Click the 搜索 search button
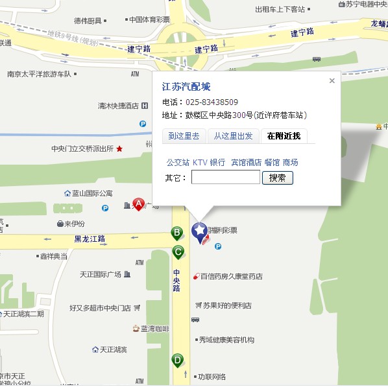click(x=277, y=178)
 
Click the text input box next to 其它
click(x=225, y=178)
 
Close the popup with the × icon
click(x=332, y=81)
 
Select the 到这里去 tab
click(x=184, y=135)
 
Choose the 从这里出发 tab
click(x=233, y=135)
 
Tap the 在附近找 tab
click(x=284, y=135)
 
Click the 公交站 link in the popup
click(x=178, y=162)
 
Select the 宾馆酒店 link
click(x=246, y=162)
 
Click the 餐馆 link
click(x=272, y=162)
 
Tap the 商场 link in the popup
click(x=291, y=162)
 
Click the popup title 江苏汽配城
click(x=186, y=87)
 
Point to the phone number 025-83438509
click(x=212, y=102)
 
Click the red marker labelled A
click(x=139, y=204)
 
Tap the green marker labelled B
click(x=176, y=233)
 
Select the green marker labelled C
click(x=178, y=252)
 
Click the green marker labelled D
click(x=177, y=360)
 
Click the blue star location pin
click(x=199, y=231)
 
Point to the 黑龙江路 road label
click(x=90, y=239)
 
